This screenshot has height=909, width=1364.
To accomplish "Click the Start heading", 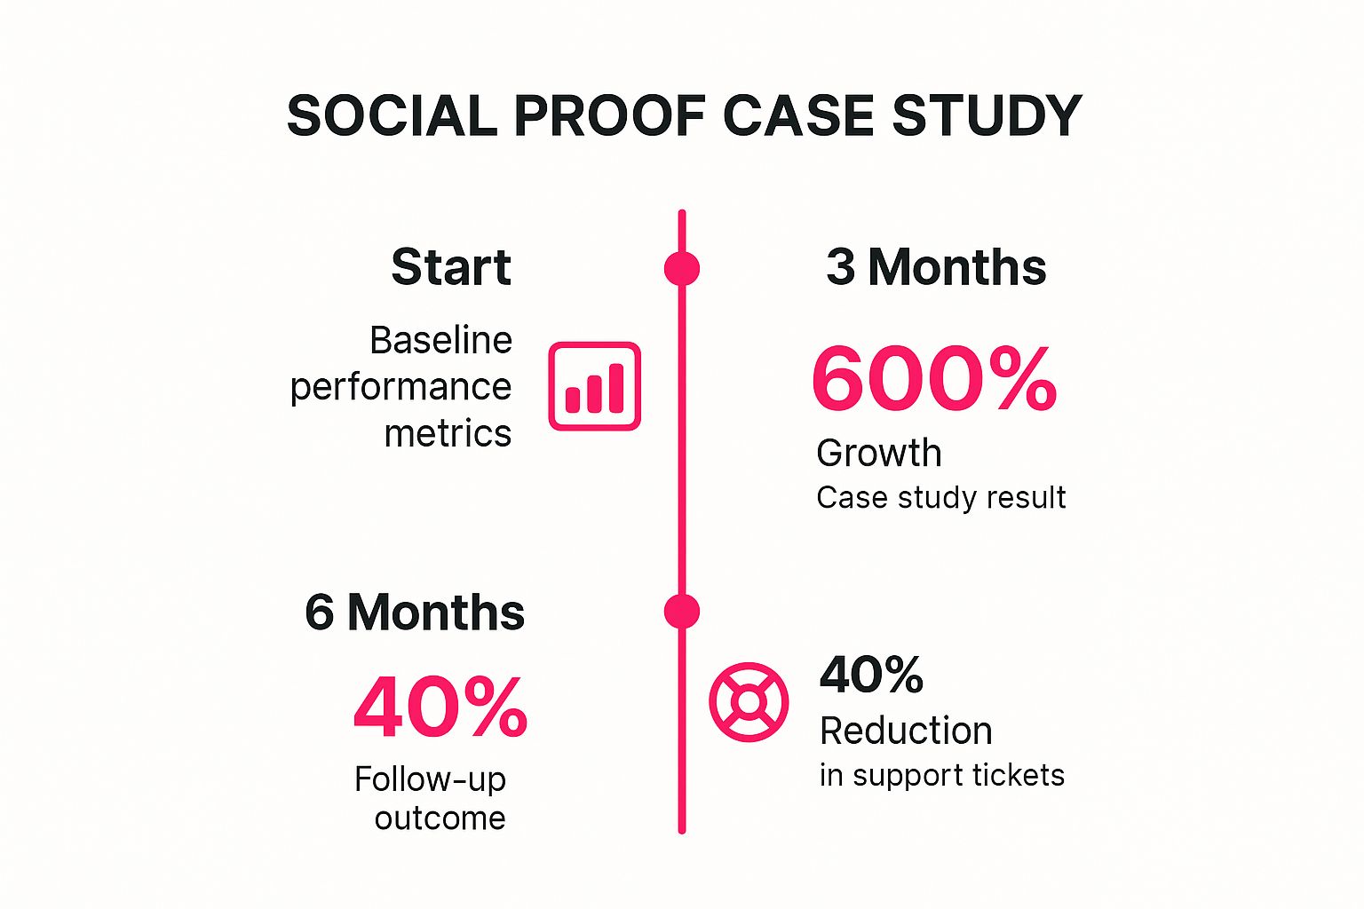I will pyautogui.click(x=451, y=267).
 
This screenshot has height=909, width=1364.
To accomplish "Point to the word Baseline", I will pyautogui.click(x=440, y=340).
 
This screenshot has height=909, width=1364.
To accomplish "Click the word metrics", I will pyautogui.click(x=448, y=434).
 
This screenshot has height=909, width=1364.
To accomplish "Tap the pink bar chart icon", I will pyautogui.click(x=594, y=386).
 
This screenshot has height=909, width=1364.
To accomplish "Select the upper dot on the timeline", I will pyautogui.click(x=682, y=268).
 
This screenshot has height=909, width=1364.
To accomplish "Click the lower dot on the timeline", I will pyautogui.click(x=682, y=612).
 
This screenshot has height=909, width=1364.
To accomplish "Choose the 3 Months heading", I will pyautogui.click(x=936, y=267).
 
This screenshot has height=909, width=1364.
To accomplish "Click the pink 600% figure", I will pyautogui.click(x=934, y=379).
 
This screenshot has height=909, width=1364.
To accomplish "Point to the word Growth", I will pyautogui.click(x=879, y=454).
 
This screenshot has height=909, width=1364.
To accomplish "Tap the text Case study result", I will pyautogui.click(x=940, y=498).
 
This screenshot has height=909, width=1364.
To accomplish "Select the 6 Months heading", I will pyautogui.click(x=415, y=613).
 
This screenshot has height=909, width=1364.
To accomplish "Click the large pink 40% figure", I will pyautogui.click(x=440, y=707).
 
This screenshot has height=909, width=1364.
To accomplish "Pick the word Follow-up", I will pyautogui.click(x=430, y=779).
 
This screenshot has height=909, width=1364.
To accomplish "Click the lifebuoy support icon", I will pyautogui.click(x=749, y=701).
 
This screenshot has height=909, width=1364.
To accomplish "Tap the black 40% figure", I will pyautogui.click(x=871, y=675).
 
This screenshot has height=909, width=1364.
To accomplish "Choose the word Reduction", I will pyautogui.click(x=906, y=731).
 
